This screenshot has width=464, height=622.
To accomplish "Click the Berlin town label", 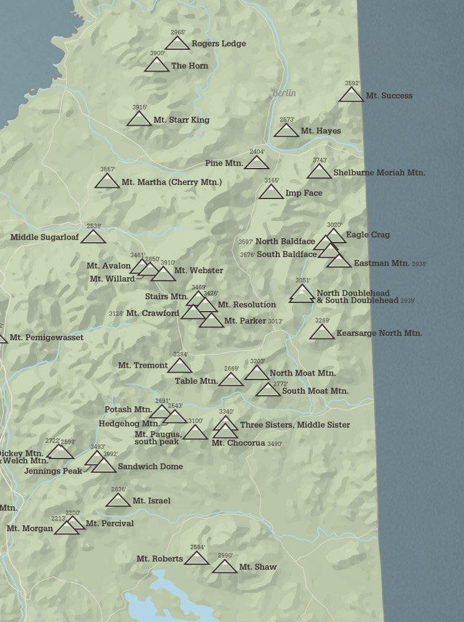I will (x=283, y=93).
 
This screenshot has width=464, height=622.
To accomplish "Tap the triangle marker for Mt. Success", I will (x=351, y=95).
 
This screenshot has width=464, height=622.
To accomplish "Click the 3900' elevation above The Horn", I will (x=157, y=53).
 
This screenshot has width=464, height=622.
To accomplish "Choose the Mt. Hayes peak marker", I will (x=286, y=131).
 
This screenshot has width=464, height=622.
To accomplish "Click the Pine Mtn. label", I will (x=224, y=163).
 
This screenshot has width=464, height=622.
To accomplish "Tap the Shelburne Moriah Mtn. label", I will (x=379, y=172).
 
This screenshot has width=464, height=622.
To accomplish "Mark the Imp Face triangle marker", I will (x=271, y=192).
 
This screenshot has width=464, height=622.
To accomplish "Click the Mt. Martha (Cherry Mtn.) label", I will (x=171, y=182).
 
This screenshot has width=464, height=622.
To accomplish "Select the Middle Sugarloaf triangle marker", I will (x=93, y=237).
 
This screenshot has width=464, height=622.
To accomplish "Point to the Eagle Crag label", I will (x=368, y=234).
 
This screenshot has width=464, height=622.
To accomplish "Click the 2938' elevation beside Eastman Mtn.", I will (x=419, y=264).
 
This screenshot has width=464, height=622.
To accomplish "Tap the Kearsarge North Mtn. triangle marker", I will (x=322, y=333).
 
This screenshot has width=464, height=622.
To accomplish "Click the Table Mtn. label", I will (x=196, y=381).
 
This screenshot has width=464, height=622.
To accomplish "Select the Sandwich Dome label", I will (x=150, y=466).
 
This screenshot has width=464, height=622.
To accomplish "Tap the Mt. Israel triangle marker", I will (x=118, y=500).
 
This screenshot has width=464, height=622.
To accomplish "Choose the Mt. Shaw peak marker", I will (x=224, y=567).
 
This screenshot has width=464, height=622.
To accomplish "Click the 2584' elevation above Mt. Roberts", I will (x=197, y=547).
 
